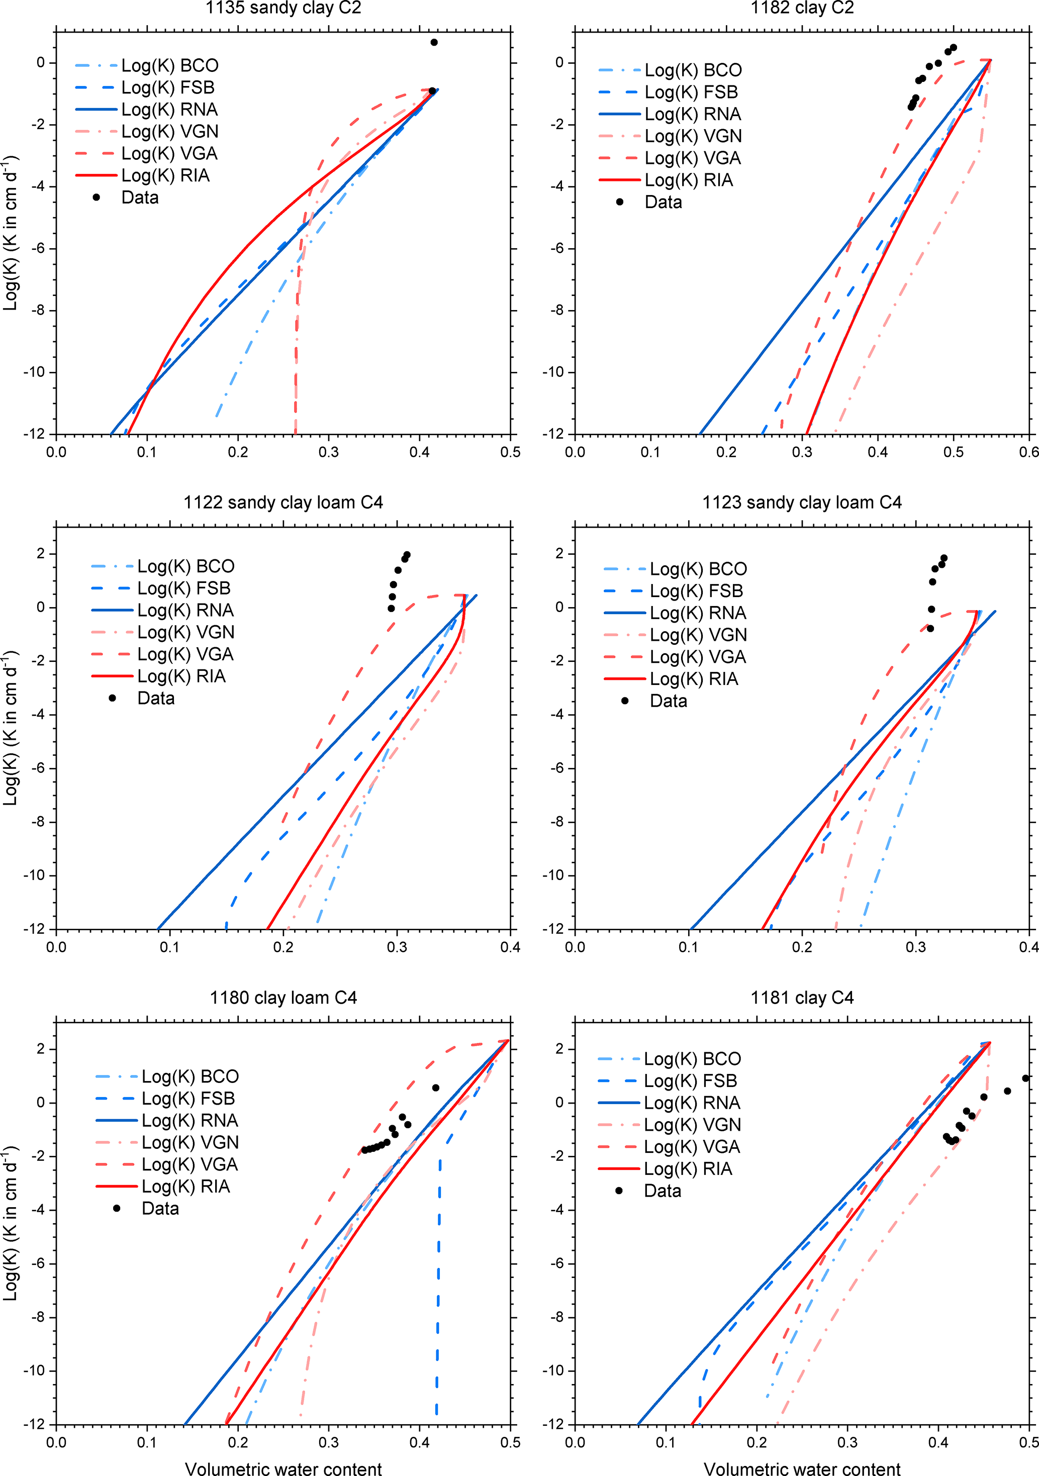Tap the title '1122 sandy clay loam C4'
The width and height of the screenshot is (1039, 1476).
click(283, 503)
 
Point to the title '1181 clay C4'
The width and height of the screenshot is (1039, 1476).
click(802, 998)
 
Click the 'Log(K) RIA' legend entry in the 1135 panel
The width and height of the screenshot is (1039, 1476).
click(165, 175)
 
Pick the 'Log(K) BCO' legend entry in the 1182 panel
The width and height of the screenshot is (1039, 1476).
click(693, 70)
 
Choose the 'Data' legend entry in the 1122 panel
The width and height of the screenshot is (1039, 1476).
click(156, 698)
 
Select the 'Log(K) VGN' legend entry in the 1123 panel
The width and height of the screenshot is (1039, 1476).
click(698, 635)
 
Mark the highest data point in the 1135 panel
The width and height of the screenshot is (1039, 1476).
click(434, 42)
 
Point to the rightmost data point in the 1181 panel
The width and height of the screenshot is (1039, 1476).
click(1025, 1078)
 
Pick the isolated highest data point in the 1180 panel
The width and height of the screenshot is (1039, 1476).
click(436, 1088)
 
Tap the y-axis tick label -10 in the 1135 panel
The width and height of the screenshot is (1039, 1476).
click(34, 372)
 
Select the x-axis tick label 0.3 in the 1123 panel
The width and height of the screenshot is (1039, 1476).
click(915, 947)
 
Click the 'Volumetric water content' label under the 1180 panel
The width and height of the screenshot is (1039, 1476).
click(283, 1468)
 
